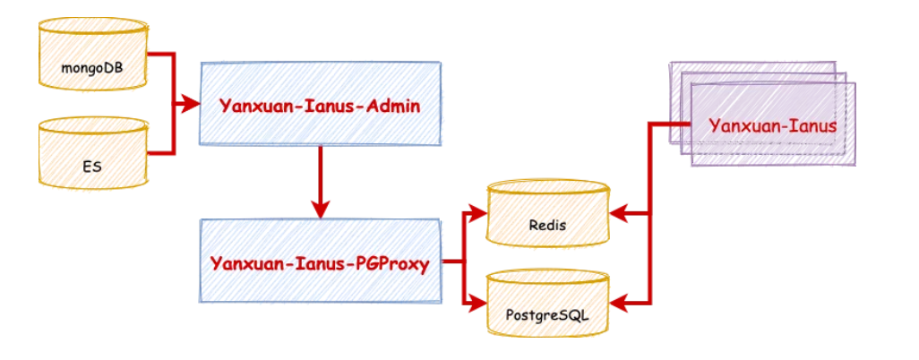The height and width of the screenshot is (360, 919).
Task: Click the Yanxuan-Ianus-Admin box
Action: coord(320,104)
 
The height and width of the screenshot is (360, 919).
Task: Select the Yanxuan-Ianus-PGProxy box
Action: coord(320,263)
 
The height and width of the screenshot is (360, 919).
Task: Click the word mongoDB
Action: coord(92,66)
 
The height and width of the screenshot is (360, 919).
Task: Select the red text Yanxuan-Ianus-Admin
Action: coord(320,105)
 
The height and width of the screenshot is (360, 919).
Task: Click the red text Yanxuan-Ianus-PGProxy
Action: coord(320,264)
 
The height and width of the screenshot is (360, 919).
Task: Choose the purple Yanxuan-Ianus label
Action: coord(772,125)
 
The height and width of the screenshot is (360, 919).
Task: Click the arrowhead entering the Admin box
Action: coord(191,105)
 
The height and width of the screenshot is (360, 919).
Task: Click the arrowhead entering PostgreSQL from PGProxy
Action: coord(477,305)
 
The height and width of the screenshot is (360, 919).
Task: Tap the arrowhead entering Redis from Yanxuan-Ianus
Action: coord(618,215)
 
